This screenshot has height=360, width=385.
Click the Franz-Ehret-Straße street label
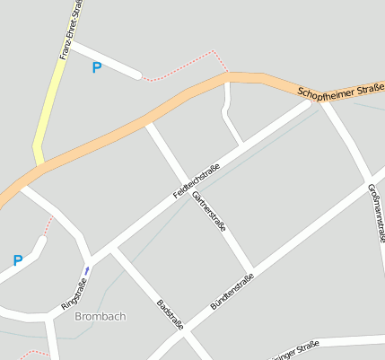72,29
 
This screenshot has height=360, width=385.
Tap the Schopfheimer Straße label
341,91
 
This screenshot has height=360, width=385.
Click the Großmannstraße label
376,216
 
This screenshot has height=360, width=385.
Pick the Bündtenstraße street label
232,291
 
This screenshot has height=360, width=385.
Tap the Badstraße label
170,315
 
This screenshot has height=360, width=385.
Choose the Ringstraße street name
74,295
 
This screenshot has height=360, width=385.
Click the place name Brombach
101,317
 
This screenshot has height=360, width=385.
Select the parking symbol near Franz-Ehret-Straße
97,67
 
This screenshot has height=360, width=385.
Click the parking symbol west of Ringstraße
17,261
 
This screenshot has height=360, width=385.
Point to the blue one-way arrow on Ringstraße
87,268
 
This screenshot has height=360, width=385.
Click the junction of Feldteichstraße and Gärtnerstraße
189,179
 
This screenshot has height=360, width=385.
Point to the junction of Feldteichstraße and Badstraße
113,252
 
